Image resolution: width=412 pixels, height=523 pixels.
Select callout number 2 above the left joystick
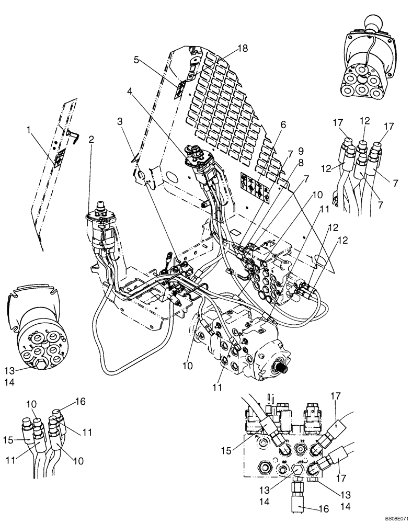coord(91,139)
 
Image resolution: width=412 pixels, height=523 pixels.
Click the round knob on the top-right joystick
coord(374,22)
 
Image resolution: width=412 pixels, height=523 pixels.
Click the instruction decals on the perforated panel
coord(255,187)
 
